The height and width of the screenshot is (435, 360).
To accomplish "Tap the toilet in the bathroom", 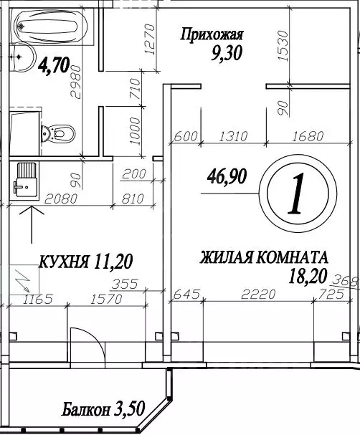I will (x=58, y=132).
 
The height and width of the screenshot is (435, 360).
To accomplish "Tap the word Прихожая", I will (x=212, y=34).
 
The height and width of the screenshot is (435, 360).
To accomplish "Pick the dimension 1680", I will (x=309, y=135).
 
